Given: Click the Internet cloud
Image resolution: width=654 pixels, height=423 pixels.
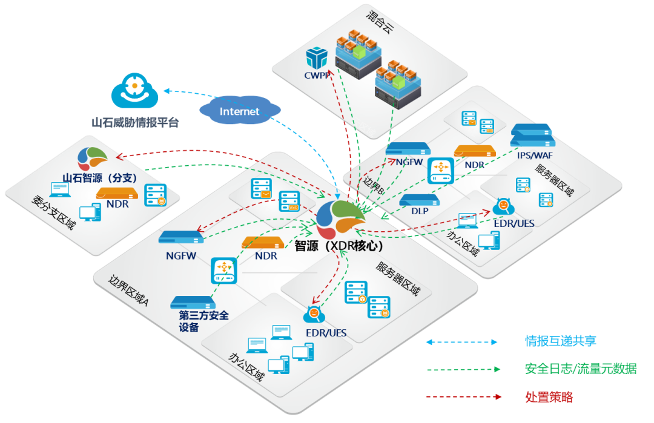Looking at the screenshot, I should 240,111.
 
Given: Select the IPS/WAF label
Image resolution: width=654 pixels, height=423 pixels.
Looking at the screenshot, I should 535,155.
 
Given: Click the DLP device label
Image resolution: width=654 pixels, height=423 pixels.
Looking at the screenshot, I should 418,211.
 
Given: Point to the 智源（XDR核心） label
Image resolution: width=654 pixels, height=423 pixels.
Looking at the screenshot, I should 339,247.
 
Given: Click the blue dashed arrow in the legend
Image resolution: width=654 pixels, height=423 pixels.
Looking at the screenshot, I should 461,342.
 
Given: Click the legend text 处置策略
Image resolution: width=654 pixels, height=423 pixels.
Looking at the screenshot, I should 549,398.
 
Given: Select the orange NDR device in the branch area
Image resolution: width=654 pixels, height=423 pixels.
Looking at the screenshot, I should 117,194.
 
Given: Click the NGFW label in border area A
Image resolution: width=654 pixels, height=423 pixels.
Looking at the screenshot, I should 181,255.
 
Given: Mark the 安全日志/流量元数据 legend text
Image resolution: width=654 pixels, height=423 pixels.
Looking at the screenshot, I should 580,369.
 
